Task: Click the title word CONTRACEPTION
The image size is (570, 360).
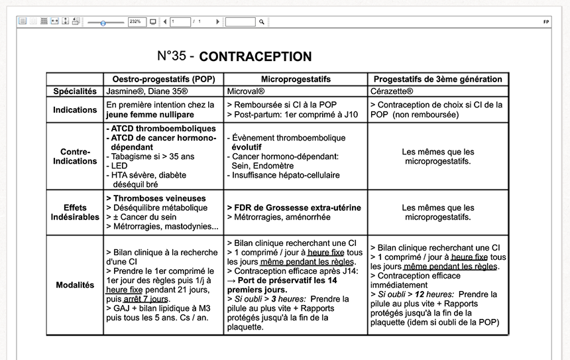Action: point(255,57)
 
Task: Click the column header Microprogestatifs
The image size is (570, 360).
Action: point(296,79)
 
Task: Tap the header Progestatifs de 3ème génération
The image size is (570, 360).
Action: point(438,79)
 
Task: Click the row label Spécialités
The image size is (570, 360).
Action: point(75,91)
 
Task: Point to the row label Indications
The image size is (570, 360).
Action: point(75,110)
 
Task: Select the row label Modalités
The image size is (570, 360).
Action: point(75,285)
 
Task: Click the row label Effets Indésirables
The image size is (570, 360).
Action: point(75,212)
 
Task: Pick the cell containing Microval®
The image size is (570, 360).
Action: point(246,91)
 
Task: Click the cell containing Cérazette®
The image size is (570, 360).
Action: point(392,91)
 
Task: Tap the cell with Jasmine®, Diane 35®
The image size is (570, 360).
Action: point(147,91)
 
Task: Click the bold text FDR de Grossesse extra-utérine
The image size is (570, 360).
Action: point(297,208)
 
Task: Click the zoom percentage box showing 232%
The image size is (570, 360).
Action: point(137,22)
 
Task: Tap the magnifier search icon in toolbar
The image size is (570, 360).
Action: point(262,22)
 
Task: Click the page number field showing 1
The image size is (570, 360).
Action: point(180,22)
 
